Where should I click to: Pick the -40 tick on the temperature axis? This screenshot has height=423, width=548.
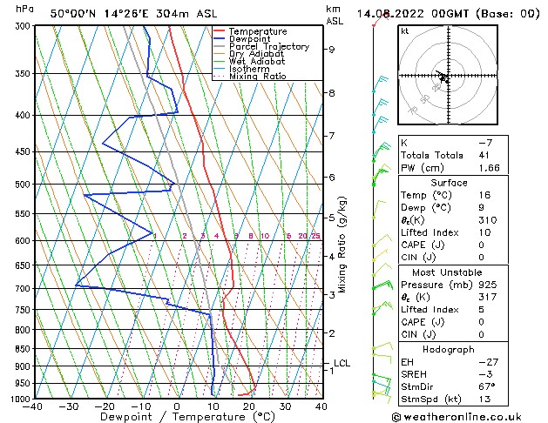pos(33,406)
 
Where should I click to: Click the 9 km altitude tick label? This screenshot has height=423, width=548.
pos(332,50)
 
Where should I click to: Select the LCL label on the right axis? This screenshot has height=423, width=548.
pos(342,363)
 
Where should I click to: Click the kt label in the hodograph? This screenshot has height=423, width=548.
pos(404,31)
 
